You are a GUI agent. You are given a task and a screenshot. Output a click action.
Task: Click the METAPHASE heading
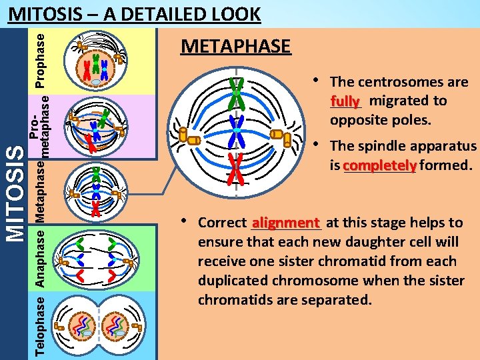[x=236, y=47]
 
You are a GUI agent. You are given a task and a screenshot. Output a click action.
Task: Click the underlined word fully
[x=345, y=101]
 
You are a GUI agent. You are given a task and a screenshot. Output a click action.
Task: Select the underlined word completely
[x=380, y=165]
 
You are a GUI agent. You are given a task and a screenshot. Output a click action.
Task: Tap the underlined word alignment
[x=286, y=223]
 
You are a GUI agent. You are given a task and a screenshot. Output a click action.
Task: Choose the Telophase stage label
[x=40, y=326]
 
